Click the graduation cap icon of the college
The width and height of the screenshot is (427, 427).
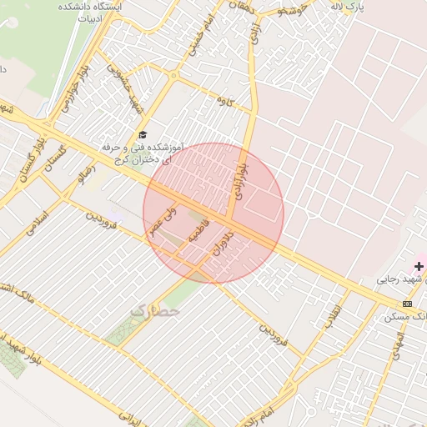tap(142, 134)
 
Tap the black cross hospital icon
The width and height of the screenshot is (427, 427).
tap(419, 266)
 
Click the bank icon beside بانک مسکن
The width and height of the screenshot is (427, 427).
tap(407, 304)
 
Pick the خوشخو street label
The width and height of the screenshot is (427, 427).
tap(293, 9)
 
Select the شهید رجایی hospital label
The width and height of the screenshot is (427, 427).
tap(402, 279)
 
